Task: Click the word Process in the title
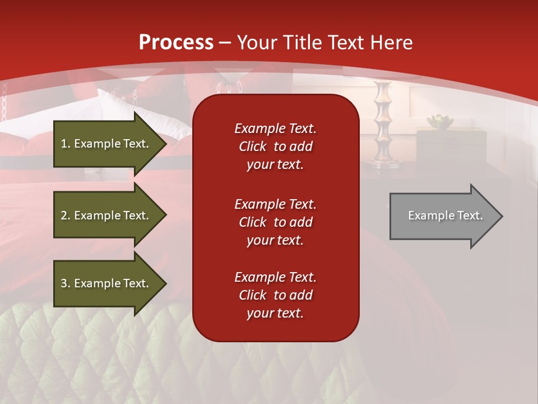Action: [176, 43]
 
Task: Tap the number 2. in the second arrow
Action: [66, 215]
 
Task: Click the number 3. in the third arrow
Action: [66, 283]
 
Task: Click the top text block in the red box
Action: [275, 146]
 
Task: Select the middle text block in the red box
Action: [275, 222]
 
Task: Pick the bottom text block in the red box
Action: [275, 295]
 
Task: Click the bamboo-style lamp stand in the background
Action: [382, 123]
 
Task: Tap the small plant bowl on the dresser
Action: [439, 121]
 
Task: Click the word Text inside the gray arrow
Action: [470, 215]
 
